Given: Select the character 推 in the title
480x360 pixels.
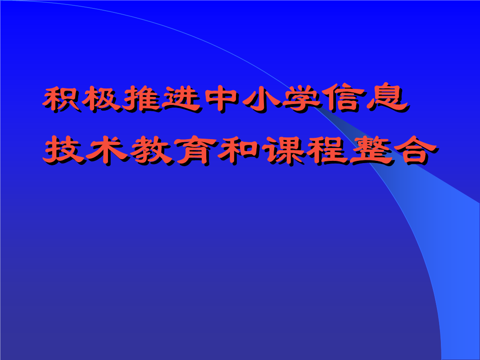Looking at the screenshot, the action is (141, 99).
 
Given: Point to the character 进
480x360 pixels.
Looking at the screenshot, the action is (181, 99).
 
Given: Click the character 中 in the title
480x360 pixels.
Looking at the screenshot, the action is (221, 99).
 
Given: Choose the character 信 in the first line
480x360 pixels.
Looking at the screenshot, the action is (342, 99).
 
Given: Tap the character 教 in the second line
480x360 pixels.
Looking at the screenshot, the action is (152, 150).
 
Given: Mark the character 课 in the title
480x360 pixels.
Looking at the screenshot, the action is (284, 151).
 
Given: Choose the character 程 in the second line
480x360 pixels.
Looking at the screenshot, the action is (328, 150).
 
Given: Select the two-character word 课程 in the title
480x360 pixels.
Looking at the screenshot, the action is (306, 150).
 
